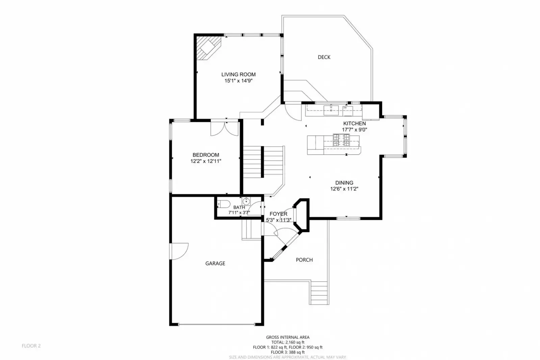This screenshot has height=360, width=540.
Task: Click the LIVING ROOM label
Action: point(238,74)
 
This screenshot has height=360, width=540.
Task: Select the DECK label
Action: point(324,57)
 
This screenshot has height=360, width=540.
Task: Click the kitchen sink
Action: point(332,110)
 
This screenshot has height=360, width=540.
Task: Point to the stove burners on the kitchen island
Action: point(341,140)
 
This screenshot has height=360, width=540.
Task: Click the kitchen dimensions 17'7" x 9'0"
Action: point(354,130)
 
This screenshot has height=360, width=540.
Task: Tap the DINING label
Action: point(344,183)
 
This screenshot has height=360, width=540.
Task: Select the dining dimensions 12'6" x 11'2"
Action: point(344,189)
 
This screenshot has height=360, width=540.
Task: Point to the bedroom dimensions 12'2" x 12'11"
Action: point(206,161)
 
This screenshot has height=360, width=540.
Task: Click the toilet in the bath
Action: point(223,204)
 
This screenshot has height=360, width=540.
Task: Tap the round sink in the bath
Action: point(247,201)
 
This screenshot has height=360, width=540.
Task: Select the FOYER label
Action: point(278,214)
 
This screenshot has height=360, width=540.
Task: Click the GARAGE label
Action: point(215,263)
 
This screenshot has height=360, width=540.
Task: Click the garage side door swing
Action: point(179,251)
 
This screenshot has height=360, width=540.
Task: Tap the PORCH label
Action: point(304,260)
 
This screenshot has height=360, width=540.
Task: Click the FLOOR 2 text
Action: point(31,346)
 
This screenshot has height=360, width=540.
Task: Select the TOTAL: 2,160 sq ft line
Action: point(288,342)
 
